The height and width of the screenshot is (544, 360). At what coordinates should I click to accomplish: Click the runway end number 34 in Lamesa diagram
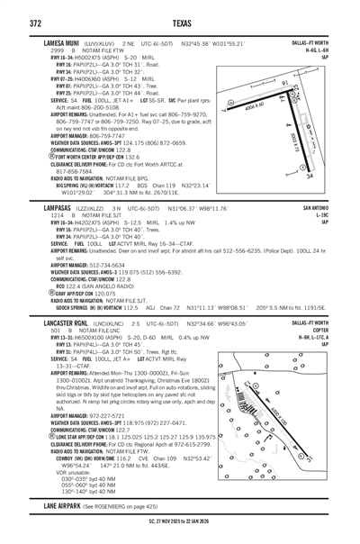(x=308, y=177)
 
